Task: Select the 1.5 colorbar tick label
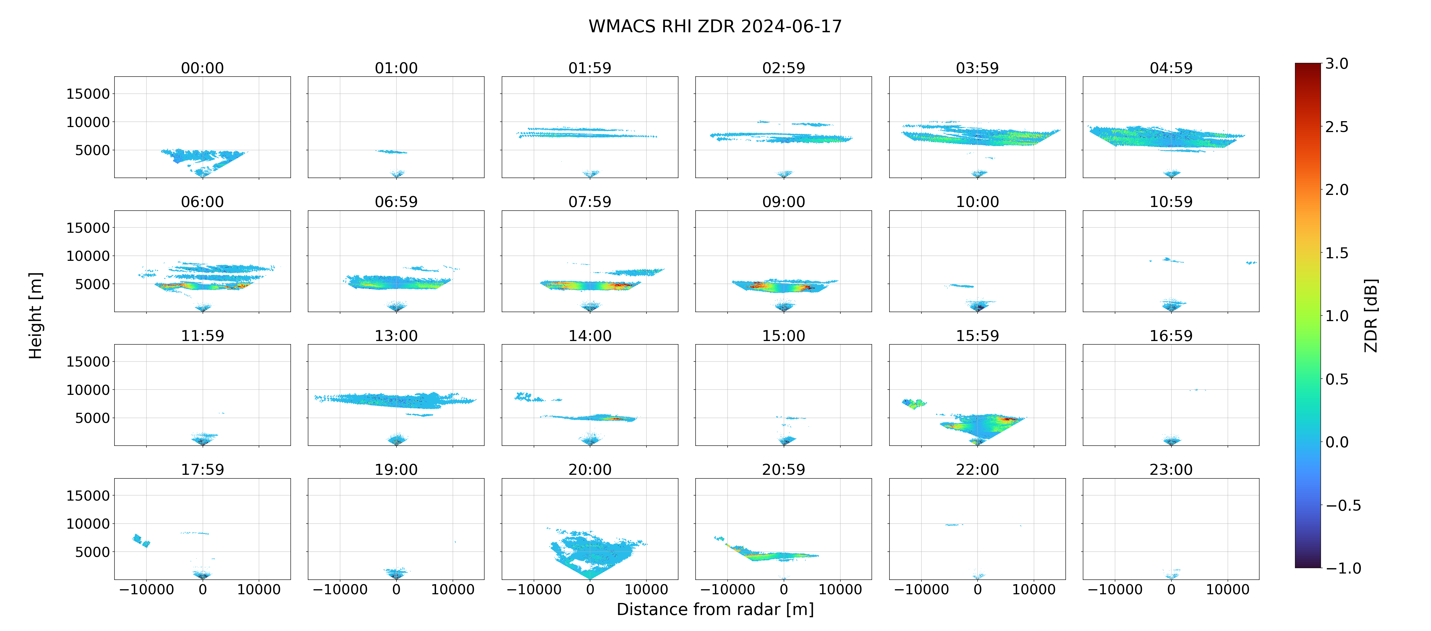(1336, 253)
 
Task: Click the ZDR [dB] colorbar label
(1371, 315)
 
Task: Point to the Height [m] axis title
(35, 315)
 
